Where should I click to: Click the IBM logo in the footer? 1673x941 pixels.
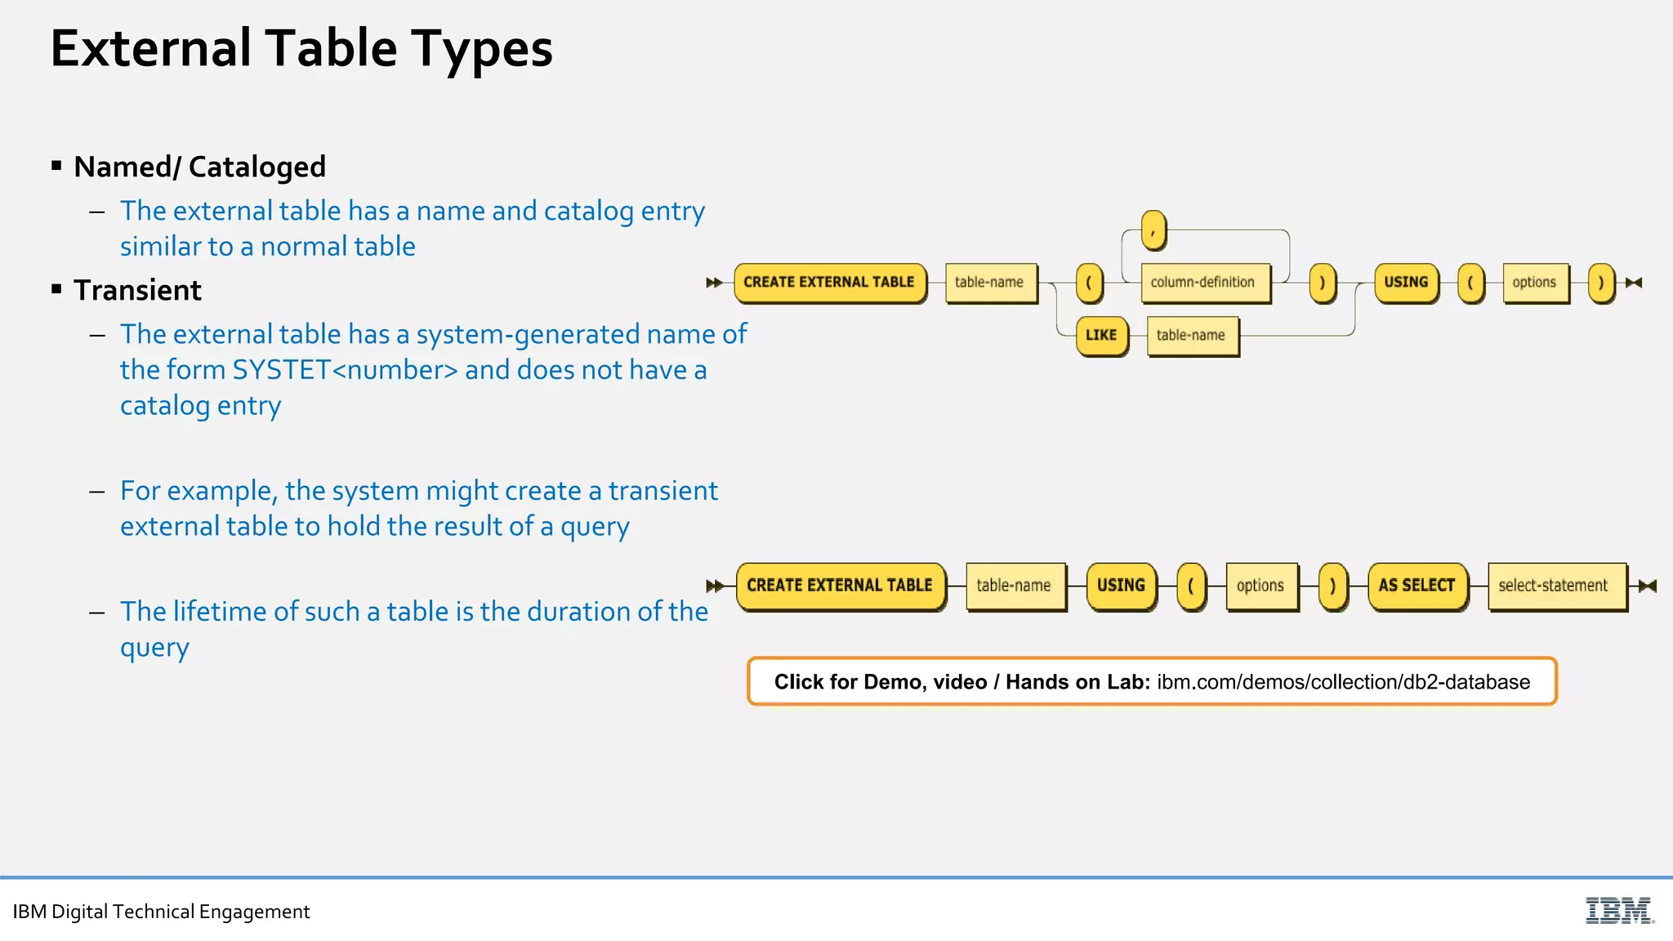tap(1619, 910)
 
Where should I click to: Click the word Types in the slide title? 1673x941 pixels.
tap(481, 49)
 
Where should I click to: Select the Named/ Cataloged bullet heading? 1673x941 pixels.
tap(199, 167)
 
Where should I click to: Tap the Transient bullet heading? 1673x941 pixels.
tap(137, 290)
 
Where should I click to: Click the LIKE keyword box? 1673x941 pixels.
tap(1101, 335)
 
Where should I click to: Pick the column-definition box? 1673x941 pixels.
tap(1202, 283)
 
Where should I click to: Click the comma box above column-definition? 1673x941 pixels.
tap(1153, 230)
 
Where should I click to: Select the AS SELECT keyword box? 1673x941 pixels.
tap(1416, 586)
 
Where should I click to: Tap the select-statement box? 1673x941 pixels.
tap(1553, 586)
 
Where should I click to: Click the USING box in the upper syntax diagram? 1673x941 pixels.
tap(1406, 283)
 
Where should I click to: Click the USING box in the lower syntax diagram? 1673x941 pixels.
tap(1121, 586)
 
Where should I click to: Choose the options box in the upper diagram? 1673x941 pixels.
tap(1534, 283)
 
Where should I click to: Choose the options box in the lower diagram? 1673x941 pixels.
tap(1260, 586)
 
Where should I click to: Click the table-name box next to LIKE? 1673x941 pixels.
tap(1191, 335)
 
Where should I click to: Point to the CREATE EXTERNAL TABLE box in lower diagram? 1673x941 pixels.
tap(840, 586)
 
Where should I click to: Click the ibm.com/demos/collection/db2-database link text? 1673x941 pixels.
tap(1343, 682)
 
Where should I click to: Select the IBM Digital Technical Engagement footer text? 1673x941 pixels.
tap(161, 912)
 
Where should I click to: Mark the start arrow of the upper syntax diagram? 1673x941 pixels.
tap(714, 283)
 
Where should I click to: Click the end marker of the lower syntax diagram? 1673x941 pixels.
tap(1648, 586)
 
